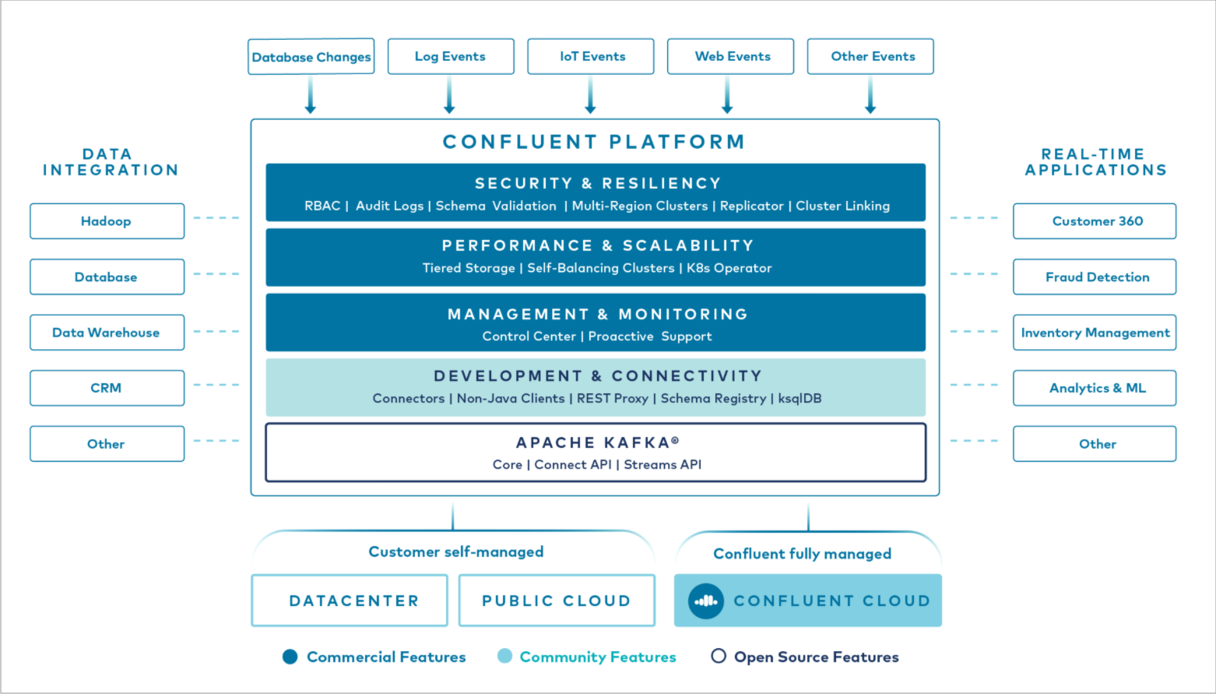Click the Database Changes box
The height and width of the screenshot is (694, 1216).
click(311, 57)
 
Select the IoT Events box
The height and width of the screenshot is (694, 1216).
click(591, 57)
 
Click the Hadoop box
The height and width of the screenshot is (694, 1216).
click(107, 221)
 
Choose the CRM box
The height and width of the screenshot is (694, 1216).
click(107, 388)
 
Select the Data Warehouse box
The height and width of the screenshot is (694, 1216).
click(107, 333)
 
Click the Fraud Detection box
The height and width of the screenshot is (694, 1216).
click(1095, 277)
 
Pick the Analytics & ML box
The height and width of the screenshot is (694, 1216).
click(1095, 388)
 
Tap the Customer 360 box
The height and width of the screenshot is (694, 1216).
click(1095, 221)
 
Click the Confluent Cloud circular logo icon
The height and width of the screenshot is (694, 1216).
click(706, 601)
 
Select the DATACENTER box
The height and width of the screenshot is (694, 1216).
click(350, 601)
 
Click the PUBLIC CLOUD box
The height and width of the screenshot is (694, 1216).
click(557, 601)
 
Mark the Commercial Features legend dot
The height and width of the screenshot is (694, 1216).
click(290, 657)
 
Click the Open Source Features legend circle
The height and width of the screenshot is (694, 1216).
click(719, 656)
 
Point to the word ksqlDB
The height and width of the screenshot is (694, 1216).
click(800, 398)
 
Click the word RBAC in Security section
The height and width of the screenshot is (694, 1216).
click(322, 206)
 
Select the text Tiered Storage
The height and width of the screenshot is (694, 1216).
click(469, 268)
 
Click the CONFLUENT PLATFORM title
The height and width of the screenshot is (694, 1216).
click(594, 142)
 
